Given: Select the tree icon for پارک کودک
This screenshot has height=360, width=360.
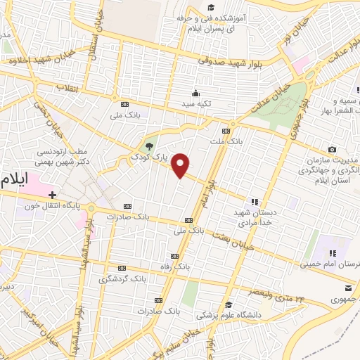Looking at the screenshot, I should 148,147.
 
